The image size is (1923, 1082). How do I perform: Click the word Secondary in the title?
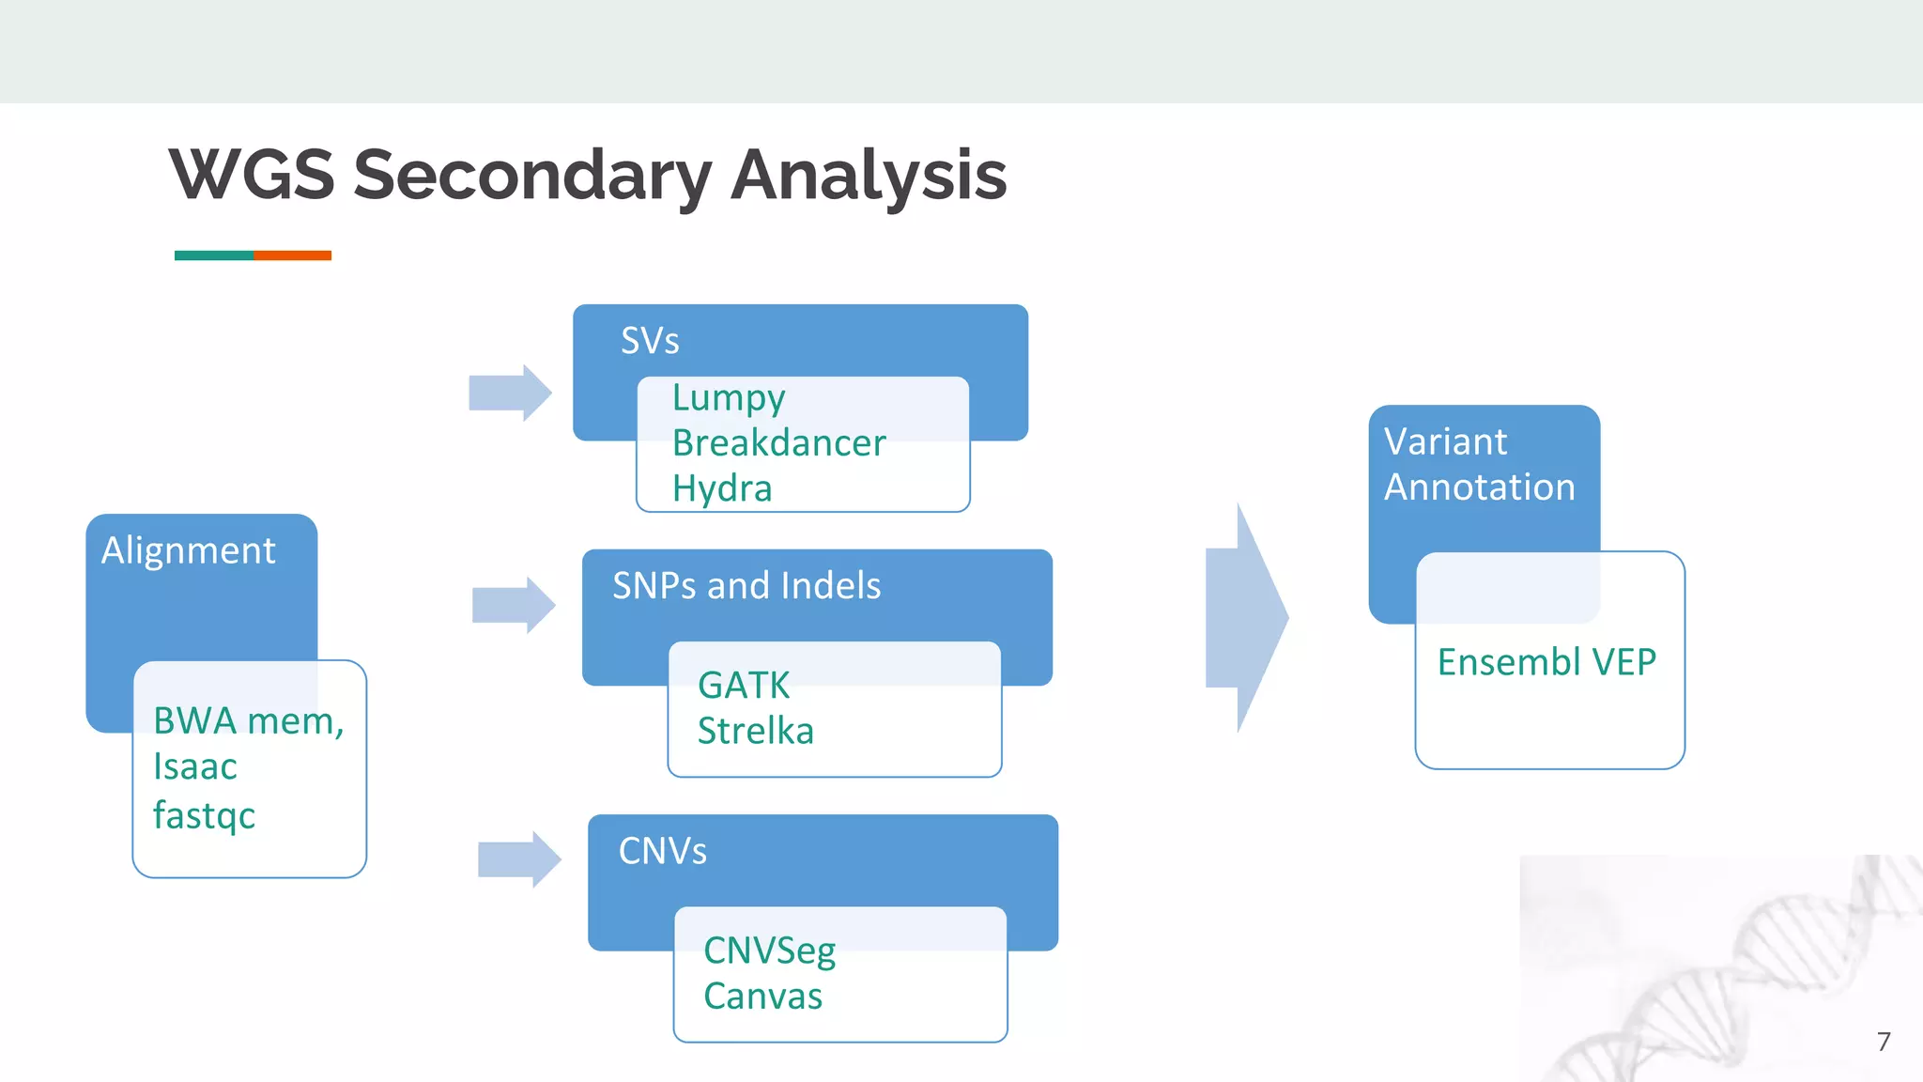pos(532,176)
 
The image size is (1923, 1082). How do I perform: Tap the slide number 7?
pos(1883,1041)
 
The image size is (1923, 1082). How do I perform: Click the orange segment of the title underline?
pos(292,255)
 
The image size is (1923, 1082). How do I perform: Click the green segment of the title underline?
pos(214,255)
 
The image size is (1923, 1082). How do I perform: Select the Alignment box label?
pos(189,550)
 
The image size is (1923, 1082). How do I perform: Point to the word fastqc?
pos(204,814)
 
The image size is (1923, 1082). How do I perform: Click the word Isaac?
pos(195,766)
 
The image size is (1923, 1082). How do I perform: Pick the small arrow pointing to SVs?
pos(510,393)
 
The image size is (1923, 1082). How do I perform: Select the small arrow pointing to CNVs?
pos(519,858)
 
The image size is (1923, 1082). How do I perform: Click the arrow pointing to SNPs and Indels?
pos(514,605)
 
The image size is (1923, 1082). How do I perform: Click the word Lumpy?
pos(729,398)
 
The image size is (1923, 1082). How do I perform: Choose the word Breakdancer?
pos(778,443)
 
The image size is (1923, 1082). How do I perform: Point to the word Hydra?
pos(722,488)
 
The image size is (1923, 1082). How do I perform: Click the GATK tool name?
pos(744,685)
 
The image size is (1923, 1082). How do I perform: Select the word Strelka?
pos(755,731)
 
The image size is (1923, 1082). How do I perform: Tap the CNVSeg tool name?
pos(769,951)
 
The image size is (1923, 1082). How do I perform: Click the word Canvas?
pos(762,997)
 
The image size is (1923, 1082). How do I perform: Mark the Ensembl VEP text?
pos(1546,662)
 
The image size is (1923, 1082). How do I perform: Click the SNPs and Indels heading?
pos(746,586)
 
